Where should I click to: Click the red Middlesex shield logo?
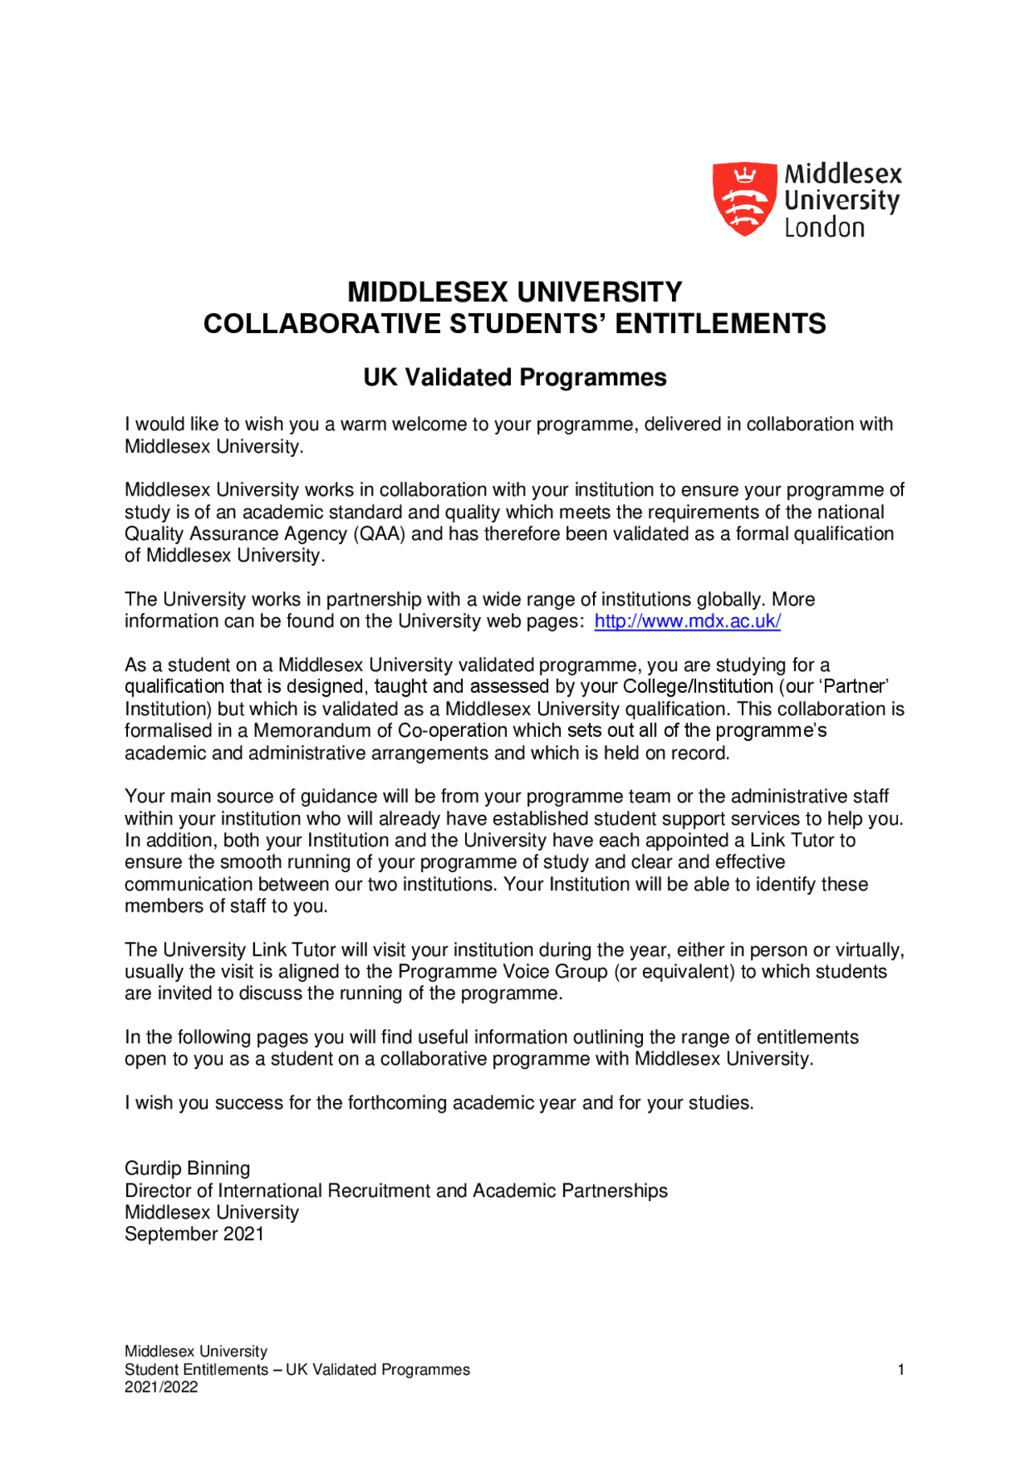tap(744, 199)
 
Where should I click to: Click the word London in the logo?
tap(824, 228)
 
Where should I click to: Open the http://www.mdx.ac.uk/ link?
tap(687, 621)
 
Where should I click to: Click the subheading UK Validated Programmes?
tap(515, 377)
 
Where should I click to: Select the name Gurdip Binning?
tap(187, 1168)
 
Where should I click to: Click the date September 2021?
tap(194, 1234)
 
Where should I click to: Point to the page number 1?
tap(901, 1369)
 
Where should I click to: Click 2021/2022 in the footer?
tap(161, 1387)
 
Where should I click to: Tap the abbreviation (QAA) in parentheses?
tap(379, 534)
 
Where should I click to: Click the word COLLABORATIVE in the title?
tap(322, 323)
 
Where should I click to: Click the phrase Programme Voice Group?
tap(502, 972)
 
